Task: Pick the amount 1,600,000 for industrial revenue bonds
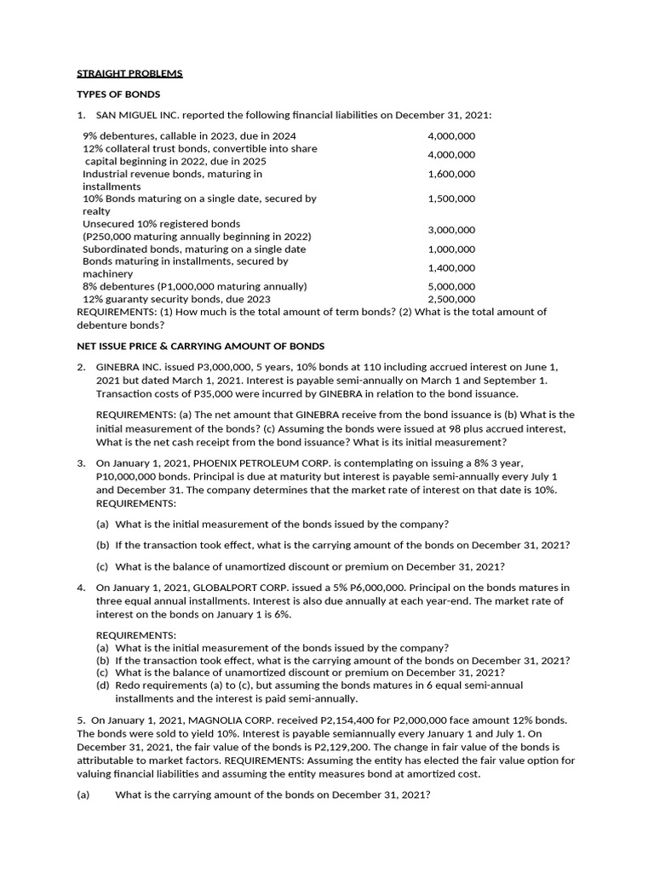point(451,174)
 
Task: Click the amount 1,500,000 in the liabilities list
point(451,198)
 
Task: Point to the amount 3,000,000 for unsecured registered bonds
point(451,230)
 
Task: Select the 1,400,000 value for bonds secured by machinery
point(451,267)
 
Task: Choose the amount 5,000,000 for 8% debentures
point(451,287)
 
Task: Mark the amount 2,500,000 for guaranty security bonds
point(451,300)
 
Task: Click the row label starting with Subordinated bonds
point(194,250)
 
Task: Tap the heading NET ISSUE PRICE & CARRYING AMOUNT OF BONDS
point(200,347)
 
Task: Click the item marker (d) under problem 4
point(102,686)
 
